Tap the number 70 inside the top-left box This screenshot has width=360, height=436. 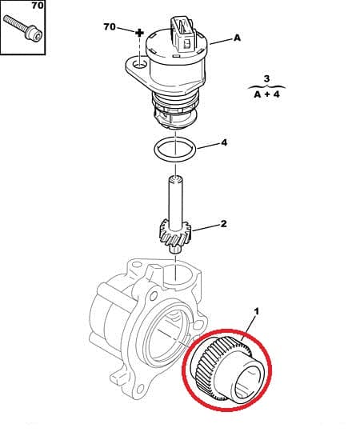(37, 6)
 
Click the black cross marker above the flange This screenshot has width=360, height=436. (138, 34)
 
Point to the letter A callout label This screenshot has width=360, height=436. (237, 38)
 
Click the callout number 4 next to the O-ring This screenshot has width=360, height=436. (224, 143)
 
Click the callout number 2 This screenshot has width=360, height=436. (223, 224)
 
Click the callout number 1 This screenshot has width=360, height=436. (256, 309)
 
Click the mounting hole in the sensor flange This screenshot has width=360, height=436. (138, 62)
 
